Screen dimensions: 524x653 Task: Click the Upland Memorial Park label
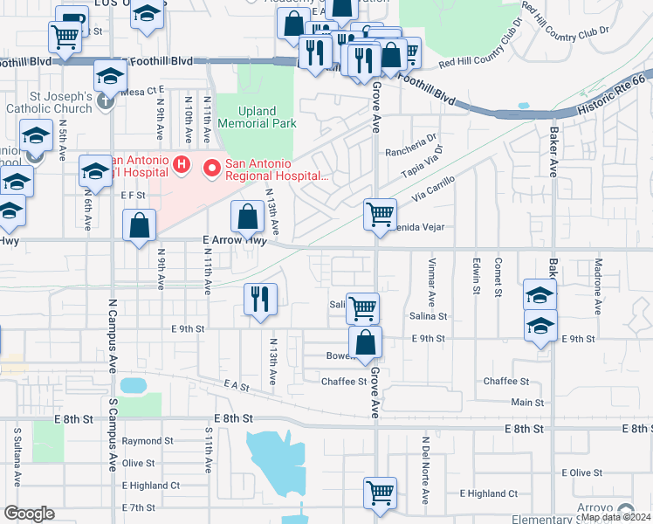(257, 118)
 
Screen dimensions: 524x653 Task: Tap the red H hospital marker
(182, 163)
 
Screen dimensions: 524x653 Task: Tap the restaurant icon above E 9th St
(260, 300)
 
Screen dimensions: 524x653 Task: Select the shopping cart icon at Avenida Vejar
(380, 213)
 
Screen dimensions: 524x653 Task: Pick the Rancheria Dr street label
(413, 139)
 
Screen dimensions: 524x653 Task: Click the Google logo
(28, 513)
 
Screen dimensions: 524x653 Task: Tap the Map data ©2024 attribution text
(615, 517)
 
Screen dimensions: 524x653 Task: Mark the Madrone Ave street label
(597, 285)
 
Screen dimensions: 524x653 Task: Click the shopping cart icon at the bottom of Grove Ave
(380, 493)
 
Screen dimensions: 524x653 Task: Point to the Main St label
(526, 403)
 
